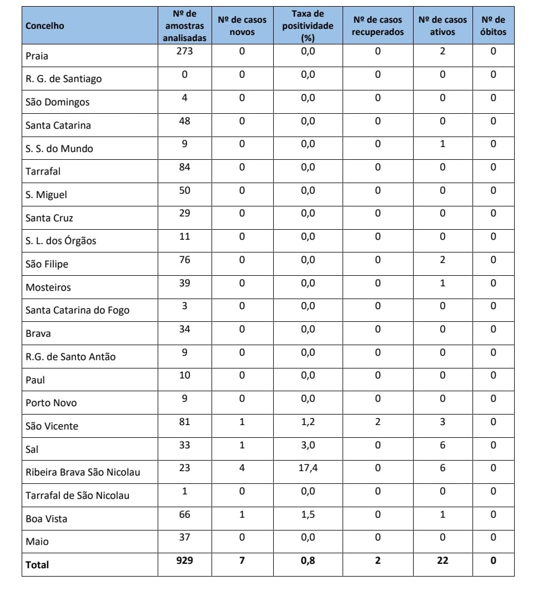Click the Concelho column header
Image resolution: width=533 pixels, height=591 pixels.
pyautogui.click(x=45, y=26)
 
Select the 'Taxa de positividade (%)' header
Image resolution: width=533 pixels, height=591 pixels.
pyautogui.click(x=308, y=26)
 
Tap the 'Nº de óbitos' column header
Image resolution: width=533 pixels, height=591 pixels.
pyautogui.click(x=493, y=26)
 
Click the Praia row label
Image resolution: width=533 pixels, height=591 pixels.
pyautogui.click(x=37, y=56)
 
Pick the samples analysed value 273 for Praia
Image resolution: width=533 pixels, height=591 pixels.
pyautogui.click(x=184, y=52)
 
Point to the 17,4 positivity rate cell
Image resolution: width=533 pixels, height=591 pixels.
pyautogui.click(x=308, y=468)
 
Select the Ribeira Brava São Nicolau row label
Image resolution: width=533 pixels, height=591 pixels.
pyautogui.click(x=83, y=472)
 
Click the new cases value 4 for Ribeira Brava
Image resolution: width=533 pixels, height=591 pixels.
pyautogui.click(x=242, y=468)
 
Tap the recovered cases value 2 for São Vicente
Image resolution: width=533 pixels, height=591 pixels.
pyautogui.click(x=378, y=422)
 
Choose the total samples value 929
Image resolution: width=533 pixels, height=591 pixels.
pyautogui.click(x=184, y=560)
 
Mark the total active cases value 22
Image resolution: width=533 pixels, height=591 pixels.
pyautogui.click(x=443, y=560)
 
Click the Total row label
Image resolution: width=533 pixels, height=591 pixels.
pyautogui.click(x=37, y=565)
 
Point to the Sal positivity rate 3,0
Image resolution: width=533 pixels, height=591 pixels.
pyautogui.click(x=308, y=445)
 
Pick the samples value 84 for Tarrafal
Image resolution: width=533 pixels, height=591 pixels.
pyautogui.click(x=184, y=167)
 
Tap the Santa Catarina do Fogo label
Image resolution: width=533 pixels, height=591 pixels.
pyautogui.click(x=77, y=310)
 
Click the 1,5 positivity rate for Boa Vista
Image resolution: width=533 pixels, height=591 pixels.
pyautogui.click(x=308, y=514)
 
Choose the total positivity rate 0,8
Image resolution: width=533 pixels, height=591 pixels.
pyautogui.click(x=308, y=560)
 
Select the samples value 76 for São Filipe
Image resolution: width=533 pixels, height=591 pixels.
pyautogui.click(x=184, y=260)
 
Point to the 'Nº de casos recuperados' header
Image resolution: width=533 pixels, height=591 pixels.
pyautogui.click(x=378, y=26)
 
